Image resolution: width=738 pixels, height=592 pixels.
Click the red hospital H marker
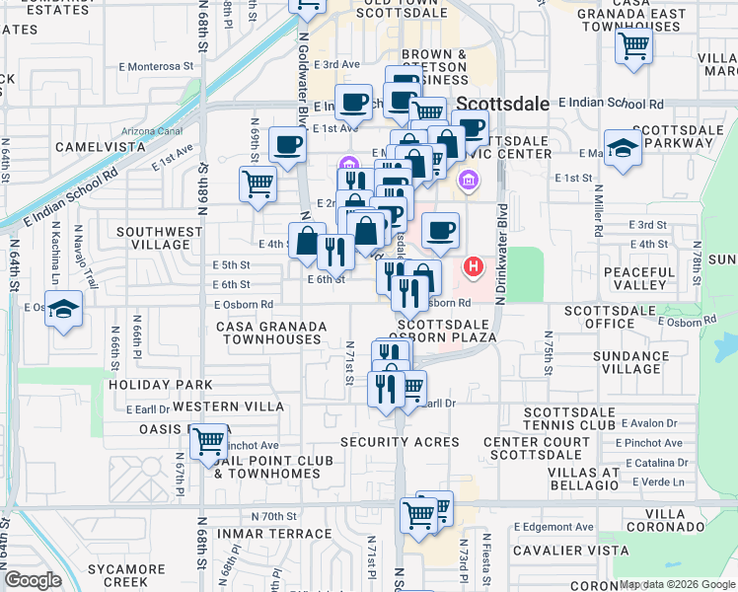tap(474, 266)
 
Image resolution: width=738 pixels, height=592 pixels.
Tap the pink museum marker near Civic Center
tap(469, 182)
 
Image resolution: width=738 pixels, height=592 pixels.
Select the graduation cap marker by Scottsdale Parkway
tap(624, 149)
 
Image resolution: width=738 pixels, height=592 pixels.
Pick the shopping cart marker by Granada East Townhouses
tap(632, 45)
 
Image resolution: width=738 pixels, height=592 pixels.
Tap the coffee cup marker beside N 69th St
tap(287, 146)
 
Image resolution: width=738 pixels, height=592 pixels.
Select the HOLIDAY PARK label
tap(161, 384)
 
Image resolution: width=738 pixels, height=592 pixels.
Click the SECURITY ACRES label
tap(401, 442)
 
